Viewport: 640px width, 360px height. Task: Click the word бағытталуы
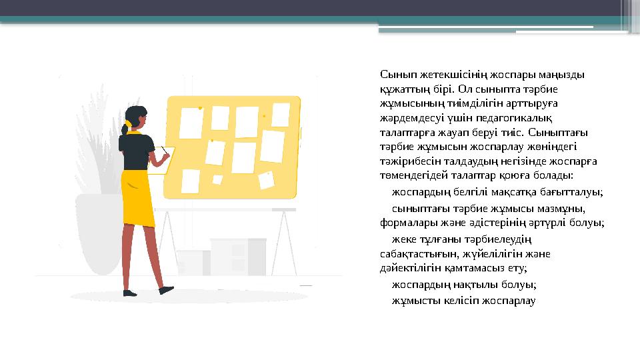coord(574,193)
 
